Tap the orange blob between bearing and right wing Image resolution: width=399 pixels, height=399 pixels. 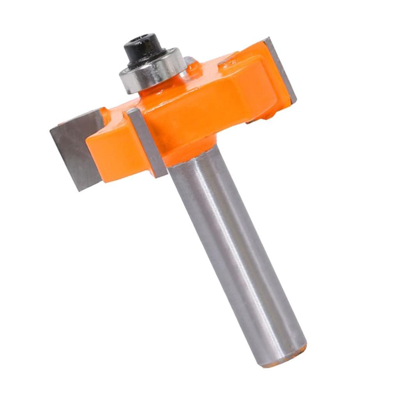click(x=195, y=70)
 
